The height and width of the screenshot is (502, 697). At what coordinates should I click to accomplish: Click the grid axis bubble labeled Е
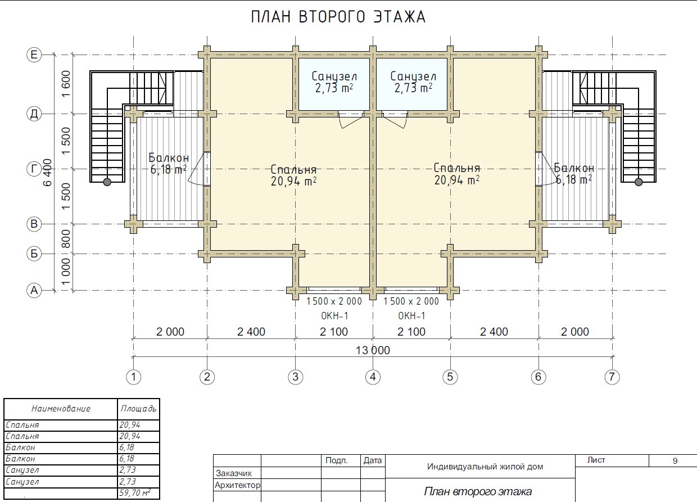pos(34,55)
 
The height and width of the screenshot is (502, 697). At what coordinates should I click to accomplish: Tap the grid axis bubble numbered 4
pos(373,377)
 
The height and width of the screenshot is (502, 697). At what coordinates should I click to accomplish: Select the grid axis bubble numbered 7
pos(612,377)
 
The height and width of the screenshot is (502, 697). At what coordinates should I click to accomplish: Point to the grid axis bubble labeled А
pos(34,291)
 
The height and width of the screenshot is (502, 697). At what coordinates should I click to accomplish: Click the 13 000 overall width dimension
pos(373,350)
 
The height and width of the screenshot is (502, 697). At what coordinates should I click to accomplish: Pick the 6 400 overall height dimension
pos(48,173)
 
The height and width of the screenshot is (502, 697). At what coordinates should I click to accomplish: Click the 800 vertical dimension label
pos(66,239)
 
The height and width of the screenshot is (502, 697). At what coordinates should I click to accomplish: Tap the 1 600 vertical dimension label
pos(66,84)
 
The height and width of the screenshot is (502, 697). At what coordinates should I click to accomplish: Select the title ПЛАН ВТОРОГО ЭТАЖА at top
pos(338,17)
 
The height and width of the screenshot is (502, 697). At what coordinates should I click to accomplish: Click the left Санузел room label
pos(334,76)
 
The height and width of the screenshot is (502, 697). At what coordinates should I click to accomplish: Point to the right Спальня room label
pos(457,168)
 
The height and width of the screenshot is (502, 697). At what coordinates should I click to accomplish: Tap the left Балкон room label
pos(169,158)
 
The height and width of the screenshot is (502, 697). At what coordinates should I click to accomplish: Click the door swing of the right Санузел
pos(395,121)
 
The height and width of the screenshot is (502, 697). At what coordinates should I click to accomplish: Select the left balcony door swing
pos(196,170)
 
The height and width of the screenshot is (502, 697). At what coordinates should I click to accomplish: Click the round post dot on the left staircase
pos(107,182)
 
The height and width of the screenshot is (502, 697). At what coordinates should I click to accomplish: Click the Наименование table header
pos(61,409)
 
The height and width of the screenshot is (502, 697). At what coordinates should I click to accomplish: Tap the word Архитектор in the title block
pos(237,485)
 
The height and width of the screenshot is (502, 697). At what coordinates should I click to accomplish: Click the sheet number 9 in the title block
pos(675,461)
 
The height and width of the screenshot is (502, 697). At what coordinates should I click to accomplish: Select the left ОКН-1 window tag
pos(334,316)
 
